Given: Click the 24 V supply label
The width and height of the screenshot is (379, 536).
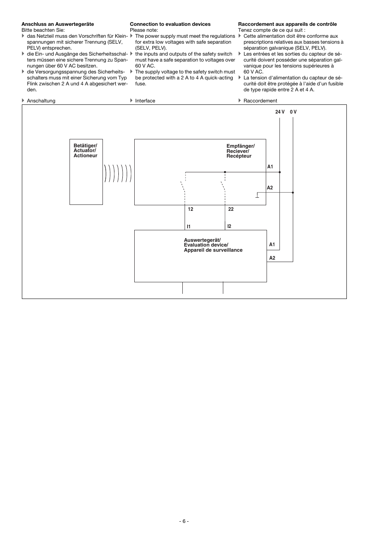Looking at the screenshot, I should (x=280, y=112).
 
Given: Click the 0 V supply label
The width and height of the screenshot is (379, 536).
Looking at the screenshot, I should (x=293, y=112).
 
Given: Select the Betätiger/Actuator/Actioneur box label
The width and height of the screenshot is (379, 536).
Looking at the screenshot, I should (x=85, y=150).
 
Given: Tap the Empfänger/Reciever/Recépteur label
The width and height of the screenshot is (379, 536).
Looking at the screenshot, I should (x=240, y=151).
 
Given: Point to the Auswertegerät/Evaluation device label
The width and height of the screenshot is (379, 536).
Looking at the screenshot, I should (x=213, y=245).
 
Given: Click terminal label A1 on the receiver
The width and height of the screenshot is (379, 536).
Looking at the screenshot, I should (x=270, y=167).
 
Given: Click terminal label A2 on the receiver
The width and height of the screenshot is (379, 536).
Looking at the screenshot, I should (x=270, y=188).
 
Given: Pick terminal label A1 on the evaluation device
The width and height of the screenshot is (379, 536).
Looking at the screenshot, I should (x=272, y=245).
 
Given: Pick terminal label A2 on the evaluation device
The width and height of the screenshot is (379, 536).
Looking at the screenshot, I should (x=272, y=258).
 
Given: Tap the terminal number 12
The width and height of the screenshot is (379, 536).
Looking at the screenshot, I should (x=191, y=209).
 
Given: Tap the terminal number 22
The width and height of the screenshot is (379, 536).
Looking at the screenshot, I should (x=231, y=209).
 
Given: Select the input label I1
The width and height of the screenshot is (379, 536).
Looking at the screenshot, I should (x=189, y=227).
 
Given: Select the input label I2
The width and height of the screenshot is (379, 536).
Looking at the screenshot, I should (x=229, y=226).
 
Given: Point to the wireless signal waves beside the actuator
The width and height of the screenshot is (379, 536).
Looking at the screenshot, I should (x=118, y=173).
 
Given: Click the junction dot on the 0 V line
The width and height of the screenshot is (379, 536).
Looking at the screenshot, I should (x=293, y=193).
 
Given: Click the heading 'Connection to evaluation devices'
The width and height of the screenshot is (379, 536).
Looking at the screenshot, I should (x=170, y=24).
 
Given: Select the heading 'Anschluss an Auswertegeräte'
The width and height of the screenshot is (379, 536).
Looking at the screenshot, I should (x=58, y=24).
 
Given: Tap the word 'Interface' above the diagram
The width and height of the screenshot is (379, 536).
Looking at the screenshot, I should (x=145, y=101).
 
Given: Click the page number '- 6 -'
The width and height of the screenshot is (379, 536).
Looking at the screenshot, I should (x=184, y=521).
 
